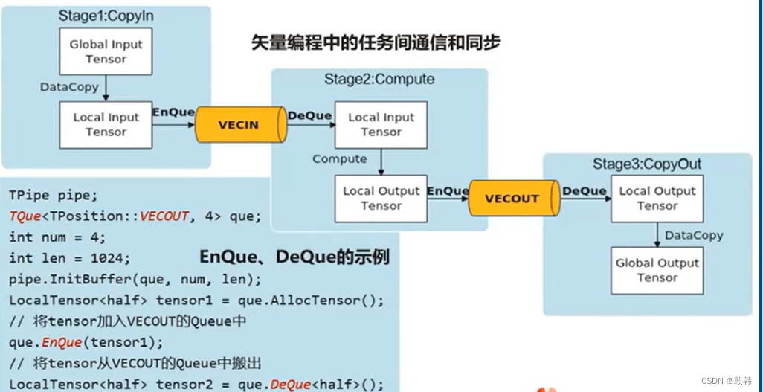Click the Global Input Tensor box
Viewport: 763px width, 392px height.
click(106, 51)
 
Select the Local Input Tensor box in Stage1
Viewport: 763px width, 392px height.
click(106, 124)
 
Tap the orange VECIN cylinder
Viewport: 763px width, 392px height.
click(239, 124)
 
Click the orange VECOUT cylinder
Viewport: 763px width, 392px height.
click(512, 199)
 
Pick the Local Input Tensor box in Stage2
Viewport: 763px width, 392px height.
click(381, 124)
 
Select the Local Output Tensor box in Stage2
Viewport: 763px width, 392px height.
click(381, 199)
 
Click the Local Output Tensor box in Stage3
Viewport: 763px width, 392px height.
click(657, 199)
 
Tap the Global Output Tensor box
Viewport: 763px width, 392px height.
click(657, 270)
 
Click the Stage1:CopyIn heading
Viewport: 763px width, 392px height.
click(105, 16)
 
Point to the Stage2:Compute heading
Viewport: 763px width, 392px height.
click(379, 79)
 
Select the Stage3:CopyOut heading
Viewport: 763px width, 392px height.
click(646, 164)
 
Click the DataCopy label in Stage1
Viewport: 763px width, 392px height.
click(69, 87)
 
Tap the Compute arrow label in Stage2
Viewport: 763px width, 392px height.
click(340, 159)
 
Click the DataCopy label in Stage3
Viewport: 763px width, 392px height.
click(694, 235)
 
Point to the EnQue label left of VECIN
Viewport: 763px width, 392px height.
click(173, 112)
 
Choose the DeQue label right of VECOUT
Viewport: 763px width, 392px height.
click(585, 191)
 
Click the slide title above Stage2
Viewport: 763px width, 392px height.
click(376, 42)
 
